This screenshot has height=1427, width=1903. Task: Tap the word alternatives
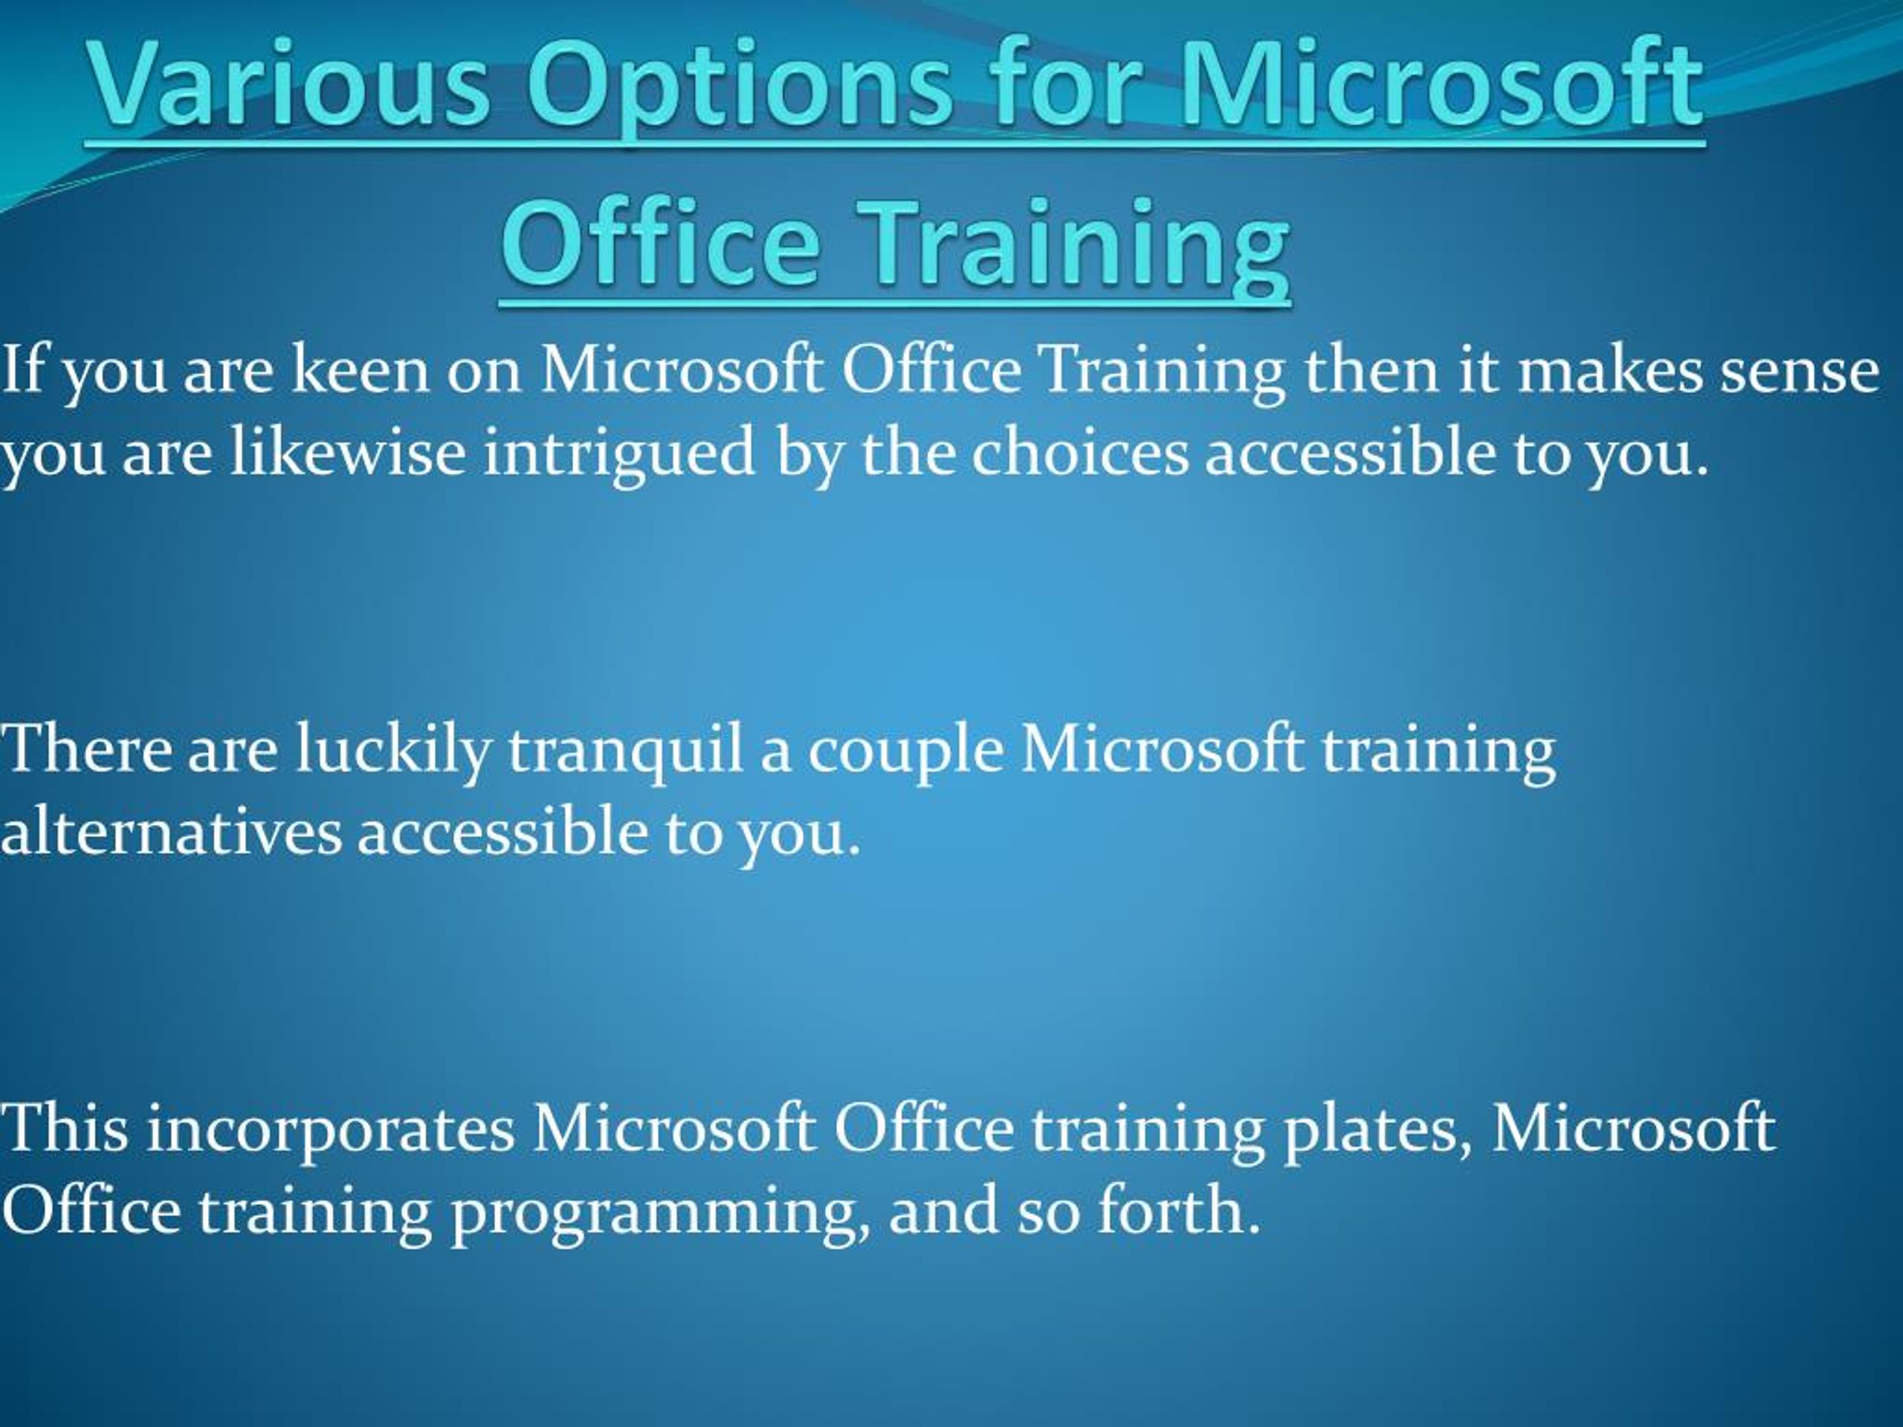pyautogui.click(x=172, y=832)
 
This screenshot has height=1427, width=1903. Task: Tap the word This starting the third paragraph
pyautogui.click(x=65, y=1127)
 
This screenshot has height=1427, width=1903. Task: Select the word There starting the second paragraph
pyautogui.click(x=86, y=748)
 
